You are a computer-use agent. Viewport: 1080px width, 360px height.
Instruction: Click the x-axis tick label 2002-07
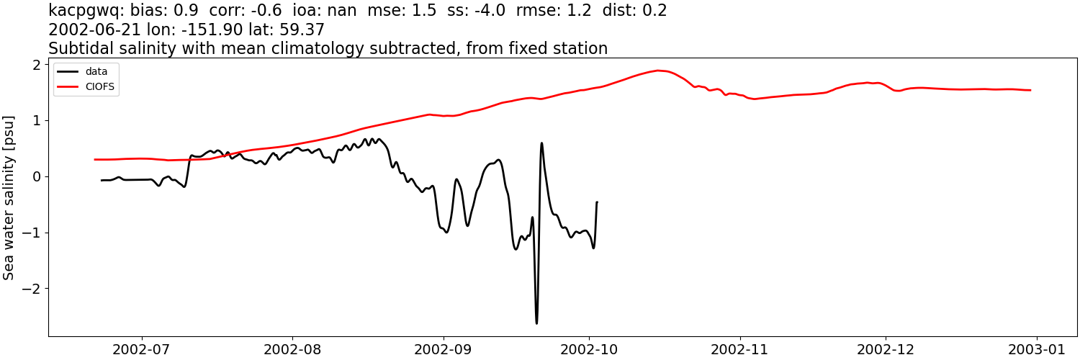tap(142, 350)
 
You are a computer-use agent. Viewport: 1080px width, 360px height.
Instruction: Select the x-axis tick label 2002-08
tap(293, 350)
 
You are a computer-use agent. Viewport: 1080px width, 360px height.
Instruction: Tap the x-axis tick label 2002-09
tap(444, 350)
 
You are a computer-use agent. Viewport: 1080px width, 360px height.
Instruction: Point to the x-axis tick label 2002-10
tap(590, 350)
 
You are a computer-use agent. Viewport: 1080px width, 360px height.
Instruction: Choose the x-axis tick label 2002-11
tap(740, 350)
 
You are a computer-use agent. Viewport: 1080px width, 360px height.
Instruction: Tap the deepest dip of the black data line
tap(536, 323)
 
